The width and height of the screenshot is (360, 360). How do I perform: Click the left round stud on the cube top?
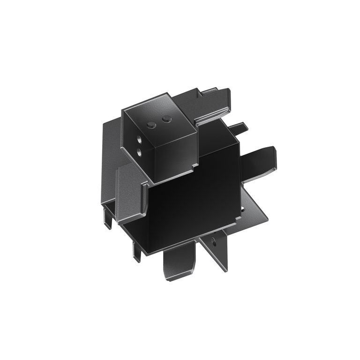pyautogui.click(x=151, y=124)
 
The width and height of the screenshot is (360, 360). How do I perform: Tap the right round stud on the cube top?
pyautogui.click(x=165, y=120)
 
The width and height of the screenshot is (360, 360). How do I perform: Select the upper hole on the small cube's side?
pyautogui.click(x=139, y=140)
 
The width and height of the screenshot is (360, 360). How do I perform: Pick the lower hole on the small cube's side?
pyautogui.click(x=139, y=151)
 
